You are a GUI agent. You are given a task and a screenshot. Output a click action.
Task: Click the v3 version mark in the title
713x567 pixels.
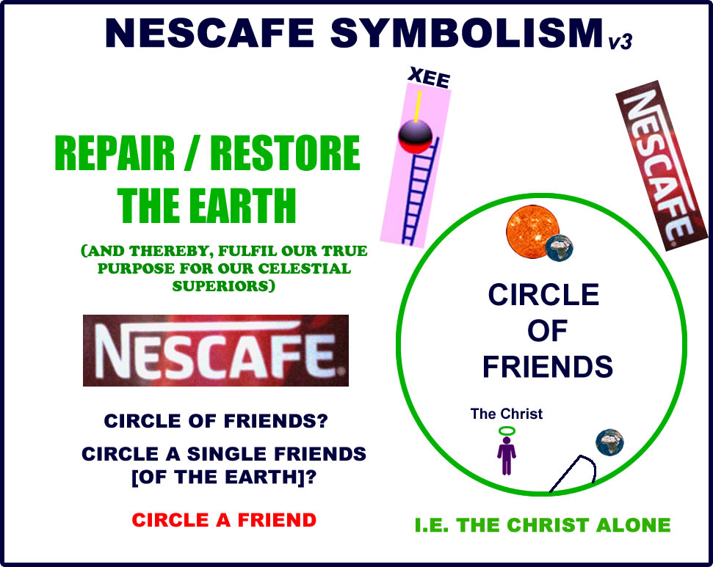coord(620,43)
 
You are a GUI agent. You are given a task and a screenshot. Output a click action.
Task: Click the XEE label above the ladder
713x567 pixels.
coord(428,78)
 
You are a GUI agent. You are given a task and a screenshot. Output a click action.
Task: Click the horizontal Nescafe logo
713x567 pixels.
coord(215,350)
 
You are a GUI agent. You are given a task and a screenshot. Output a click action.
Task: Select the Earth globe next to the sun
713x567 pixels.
coord(560,247)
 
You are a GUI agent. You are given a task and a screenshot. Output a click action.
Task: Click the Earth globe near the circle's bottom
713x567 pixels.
coord(609,442)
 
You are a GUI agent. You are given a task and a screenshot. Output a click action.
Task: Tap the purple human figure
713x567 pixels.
coord(507,455)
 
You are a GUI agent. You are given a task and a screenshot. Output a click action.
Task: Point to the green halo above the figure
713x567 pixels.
coord(507,431)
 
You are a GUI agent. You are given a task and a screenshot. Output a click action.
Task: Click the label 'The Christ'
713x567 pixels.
coord(506,414)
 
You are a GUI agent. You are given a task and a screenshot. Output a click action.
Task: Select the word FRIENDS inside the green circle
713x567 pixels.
coord(547,366)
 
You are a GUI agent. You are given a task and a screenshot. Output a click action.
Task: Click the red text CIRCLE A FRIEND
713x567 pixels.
coord(224,521)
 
